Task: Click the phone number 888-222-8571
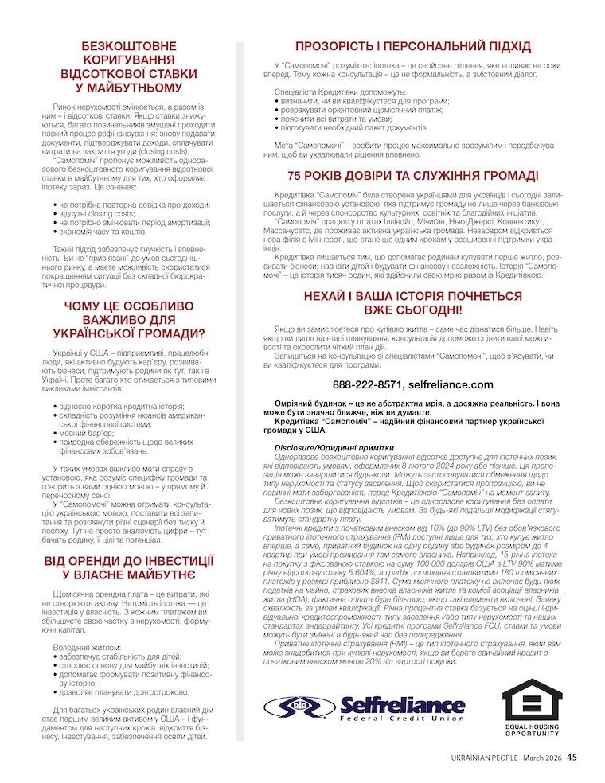pos(368,384)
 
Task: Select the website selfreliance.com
pos(451,384)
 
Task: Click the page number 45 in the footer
pos(572,758)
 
